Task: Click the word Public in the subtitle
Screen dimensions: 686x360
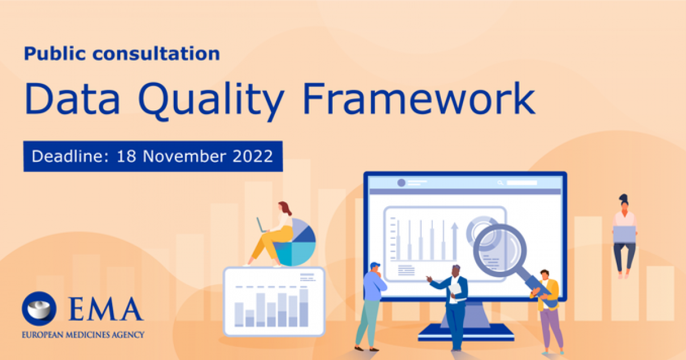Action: pyautogui.click(x=55, y=54)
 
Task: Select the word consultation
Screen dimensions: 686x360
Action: pyautogui.click(x=157, y=54)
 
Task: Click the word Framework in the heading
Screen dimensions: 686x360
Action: pyautogui.click(x=419, y=98)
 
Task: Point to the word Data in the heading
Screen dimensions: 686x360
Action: pyautogui.click(x=72, y=98)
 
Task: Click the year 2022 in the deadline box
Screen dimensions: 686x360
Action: pyautogui.click(x=253, y=156)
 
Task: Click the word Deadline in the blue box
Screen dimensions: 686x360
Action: pyautogui.click(x=70, y=156)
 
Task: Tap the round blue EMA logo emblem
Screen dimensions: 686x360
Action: pyautogui.click(x=39, y=309)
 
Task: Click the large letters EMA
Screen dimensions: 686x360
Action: pyautogui.click(x=105, y=309)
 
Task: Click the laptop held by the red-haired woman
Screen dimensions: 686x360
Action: pyautogui.click(x=261, y=225)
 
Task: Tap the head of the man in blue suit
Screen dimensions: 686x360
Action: pyautogui.click(x=456, y=270)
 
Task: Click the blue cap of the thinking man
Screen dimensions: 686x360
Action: pyautogui.click(x=375, y=265)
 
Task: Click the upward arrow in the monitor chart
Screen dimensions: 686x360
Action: pyautogui.click(x=455, y=241)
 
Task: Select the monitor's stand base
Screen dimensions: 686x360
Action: pyautogui.click(x=466, y=332)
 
